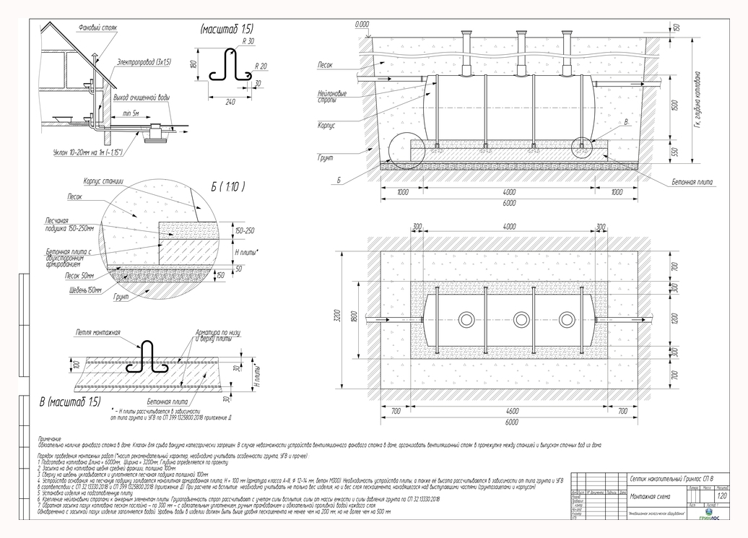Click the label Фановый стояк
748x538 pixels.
pos(97,27)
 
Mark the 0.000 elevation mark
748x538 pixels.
pos(362,24)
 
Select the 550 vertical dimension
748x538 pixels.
pos(674,154)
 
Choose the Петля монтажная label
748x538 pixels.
pos(97,333)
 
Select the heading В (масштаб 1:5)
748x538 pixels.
pos(71,400)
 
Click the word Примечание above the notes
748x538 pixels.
pos(49,439)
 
